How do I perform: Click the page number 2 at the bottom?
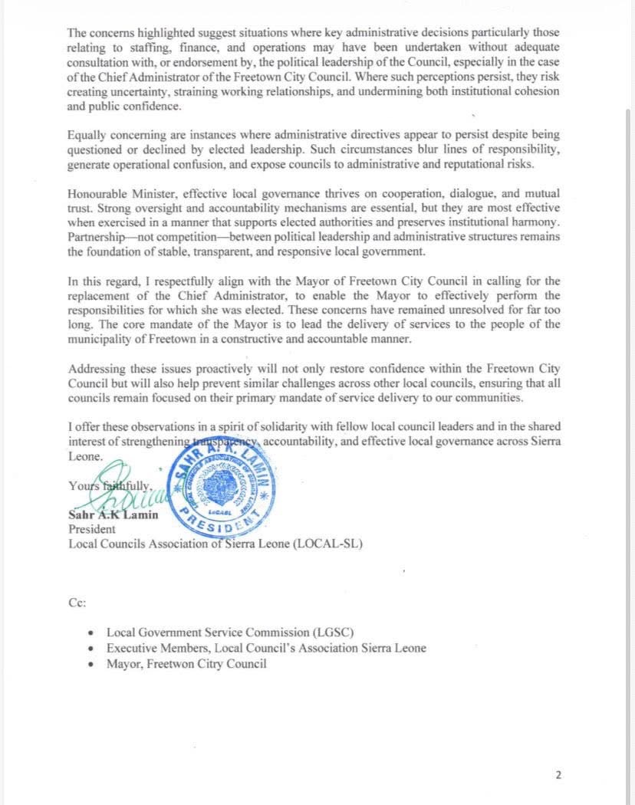[558, 775]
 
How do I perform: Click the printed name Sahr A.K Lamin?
[114, 514]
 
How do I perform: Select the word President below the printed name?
[92, 529]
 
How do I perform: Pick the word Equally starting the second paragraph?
[87, 135]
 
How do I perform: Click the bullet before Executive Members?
[92, 649]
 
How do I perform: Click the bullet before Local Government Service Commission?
[92, 633]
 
